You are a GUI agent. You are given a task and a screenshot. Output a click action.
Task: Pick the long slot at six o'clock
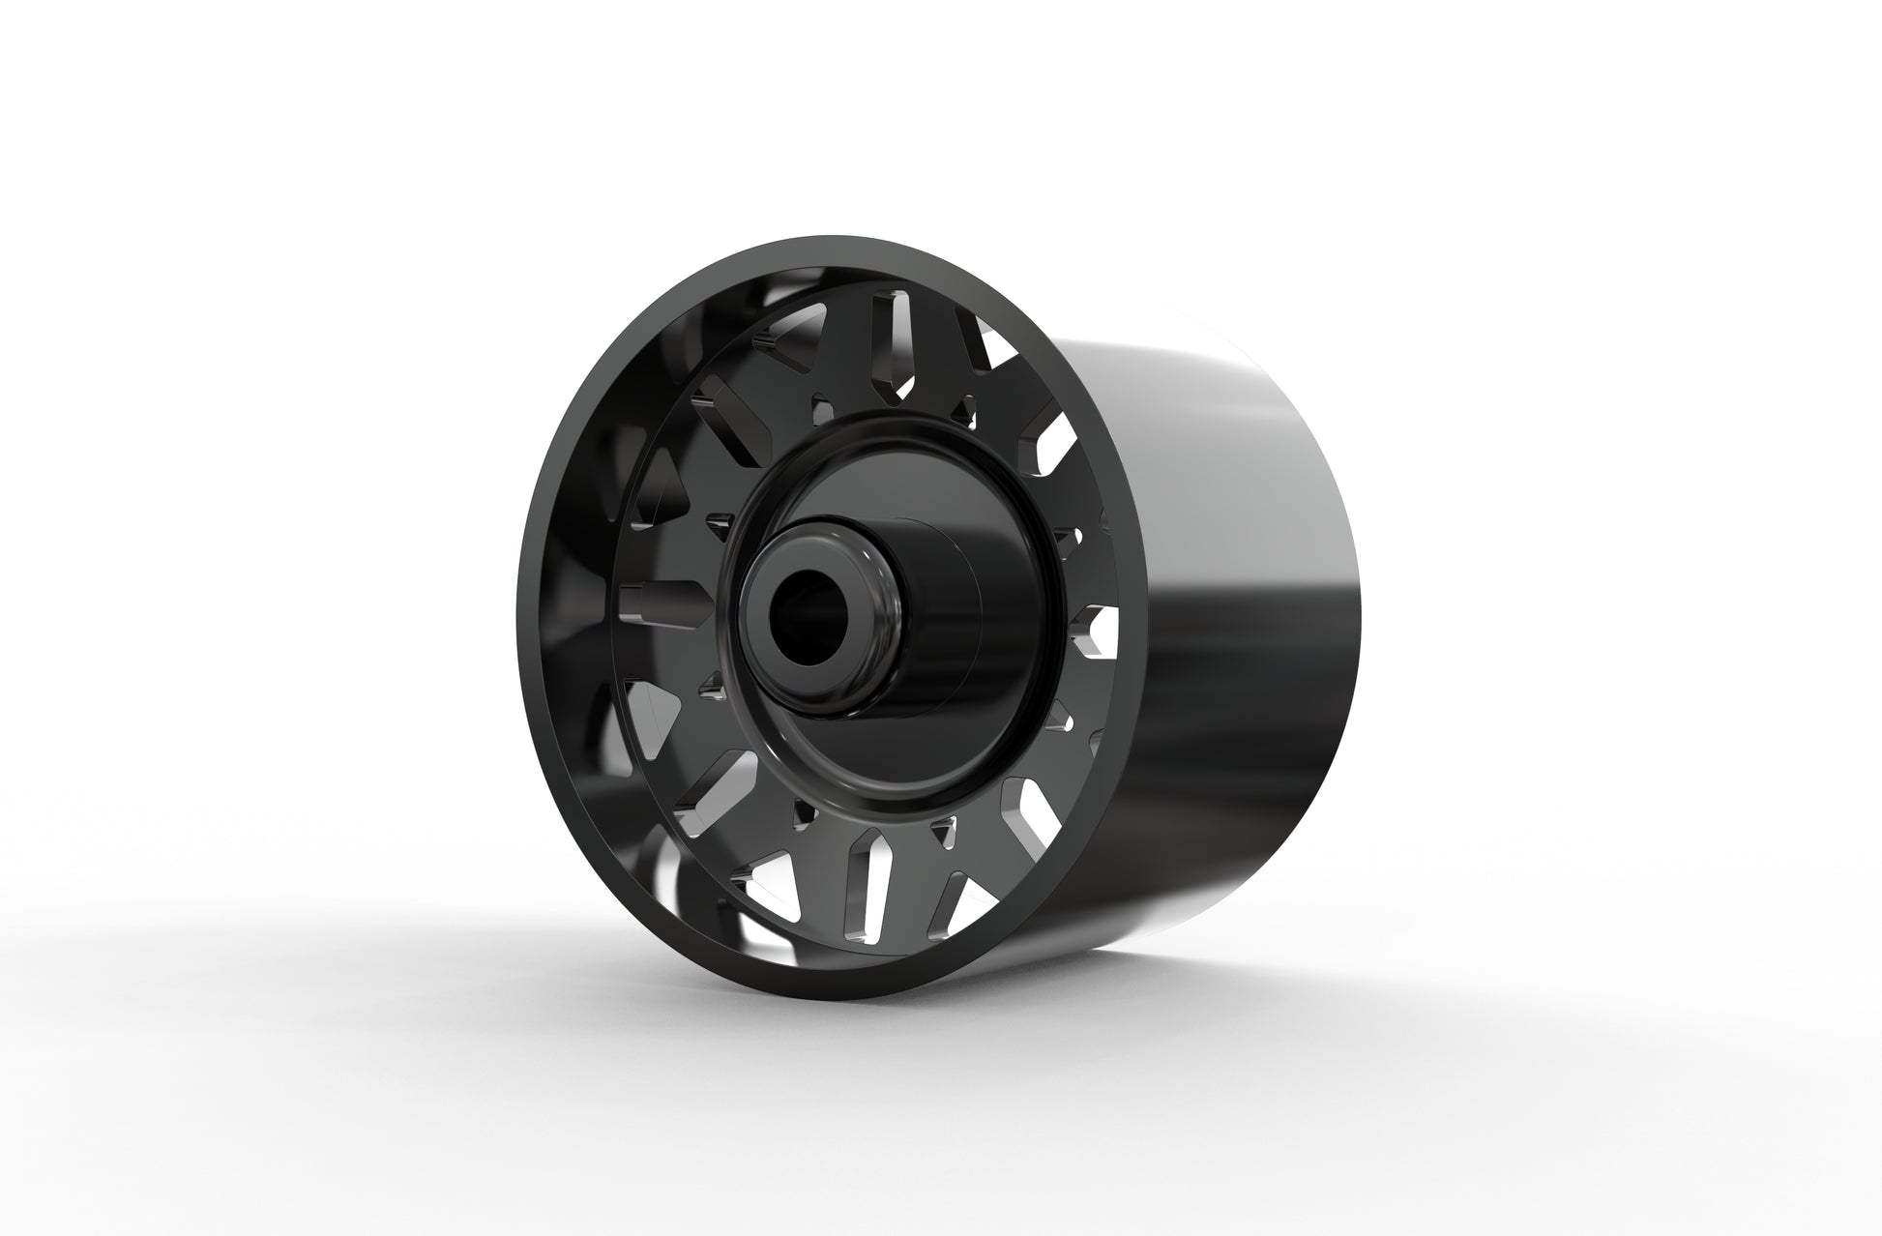click(861, 899)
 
